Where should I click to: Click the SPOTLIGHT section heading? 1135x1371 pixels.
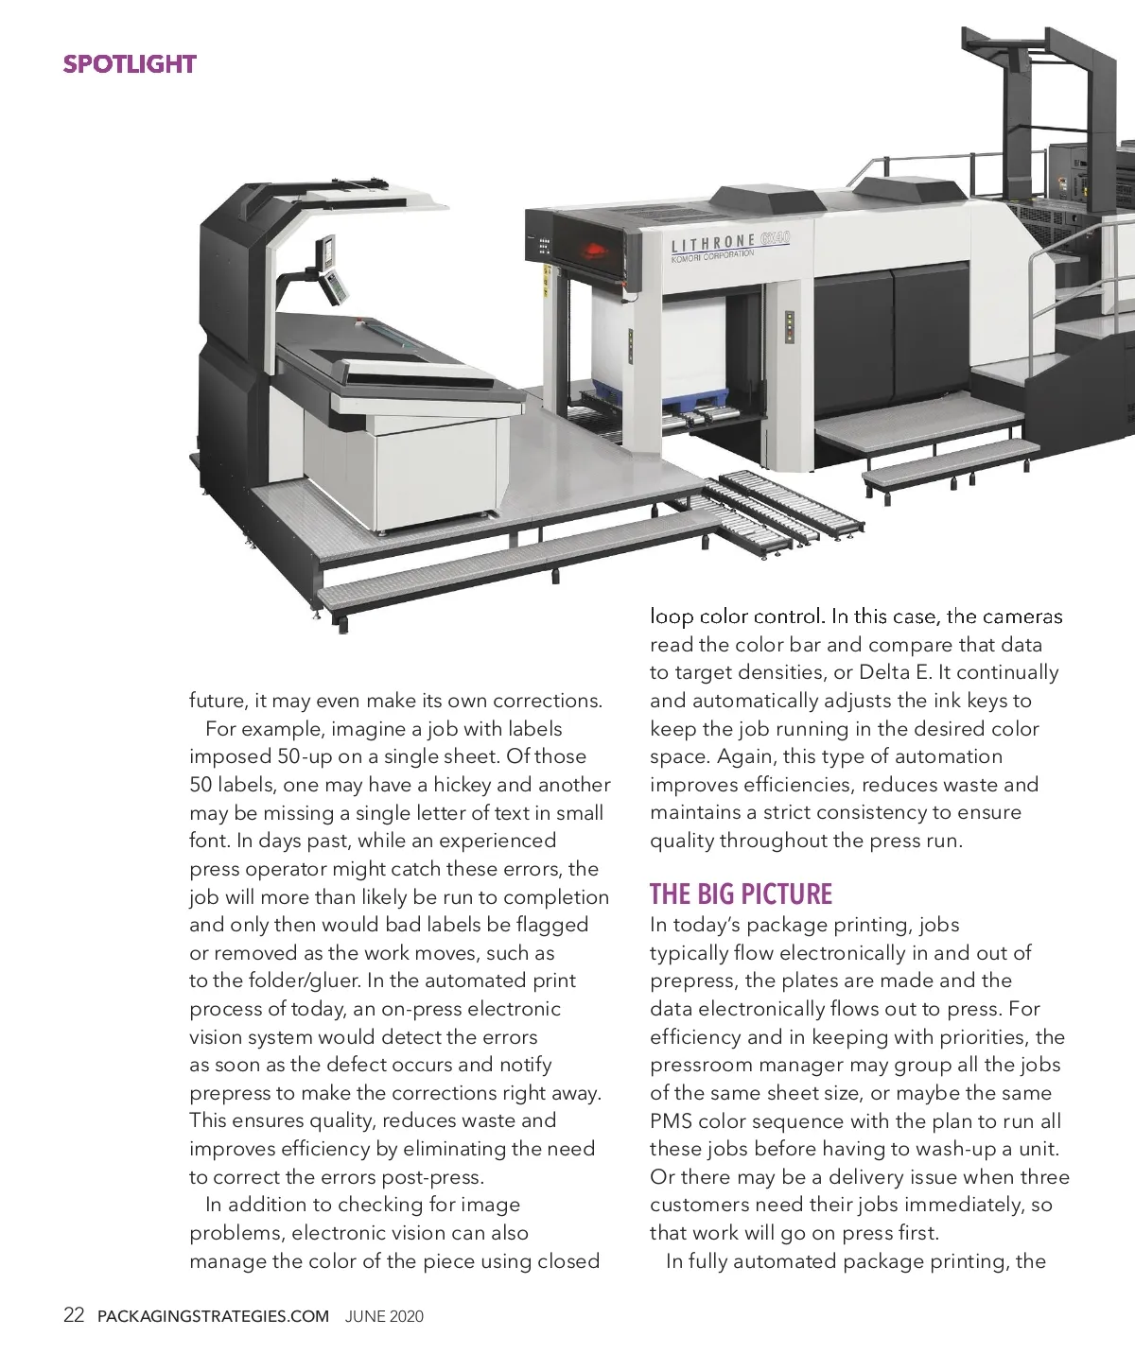(x=130, y=64)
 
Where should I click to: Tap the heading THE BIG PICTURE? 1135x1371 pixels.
(x=741, y=894)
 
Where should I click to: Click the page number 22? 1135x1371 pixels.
(x=74, y=1315)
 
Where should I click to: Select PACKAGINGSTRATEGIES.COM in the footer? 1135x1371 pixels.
(x=214, y=1316)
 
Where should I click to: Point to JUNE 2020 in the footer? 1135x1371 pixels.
(x=384, y=1316)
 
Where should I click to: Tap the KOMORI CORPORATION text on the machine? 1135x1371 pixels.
(x=712, y=255)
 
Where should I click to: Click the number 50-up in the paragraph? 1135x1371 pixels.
(x=305, y=756)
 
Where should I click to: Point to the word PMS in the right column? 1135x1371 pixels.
(x=672, y=1121)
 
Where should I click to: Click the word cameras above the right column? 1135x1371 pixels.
(x=1022, y=616)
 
